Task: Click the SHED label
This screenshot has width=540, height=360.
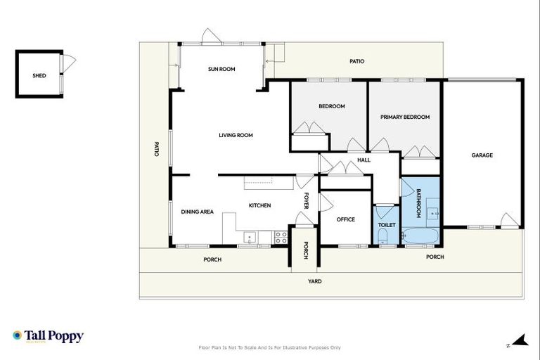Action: coord(39,75)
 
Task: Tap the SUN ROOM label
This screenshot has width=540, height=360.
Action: coord(221,69)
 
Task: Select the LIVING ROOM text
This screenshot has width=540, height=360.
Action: coord(236,135)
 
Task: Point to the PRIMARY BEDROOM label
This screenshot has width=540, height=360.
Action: coord(404,117)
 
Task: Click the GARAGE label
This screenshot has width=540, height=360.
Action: coord(482,155)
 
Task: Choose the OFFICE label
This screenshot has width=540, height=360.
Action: coord(345,219)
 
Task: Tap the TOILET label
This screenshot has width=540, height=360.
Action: coord(387,225)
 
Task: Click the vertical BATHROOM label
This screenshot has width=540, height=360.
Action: coord(418,202)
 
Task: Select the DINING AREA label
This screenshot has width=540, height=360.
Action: coord(197,212)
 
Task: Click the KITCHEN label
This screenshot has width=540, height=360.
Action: coord(259,205)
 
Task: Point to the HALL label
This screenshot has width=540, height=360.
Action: coord(364,160)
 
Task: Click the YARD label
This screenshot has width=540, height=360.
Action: coord(315,281)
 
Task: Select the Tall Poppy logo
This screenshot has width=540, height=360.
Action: coord(48,336)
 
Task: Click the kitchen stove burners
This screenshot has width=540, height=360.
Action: coord(281,238)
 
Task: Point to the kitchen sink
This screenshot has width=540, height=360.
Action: coord(250,238)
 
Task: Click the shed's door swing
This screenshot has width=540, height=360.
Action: coord(69,63)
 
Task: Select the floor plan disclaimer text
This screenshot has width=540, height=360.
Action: coord(270,347)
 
